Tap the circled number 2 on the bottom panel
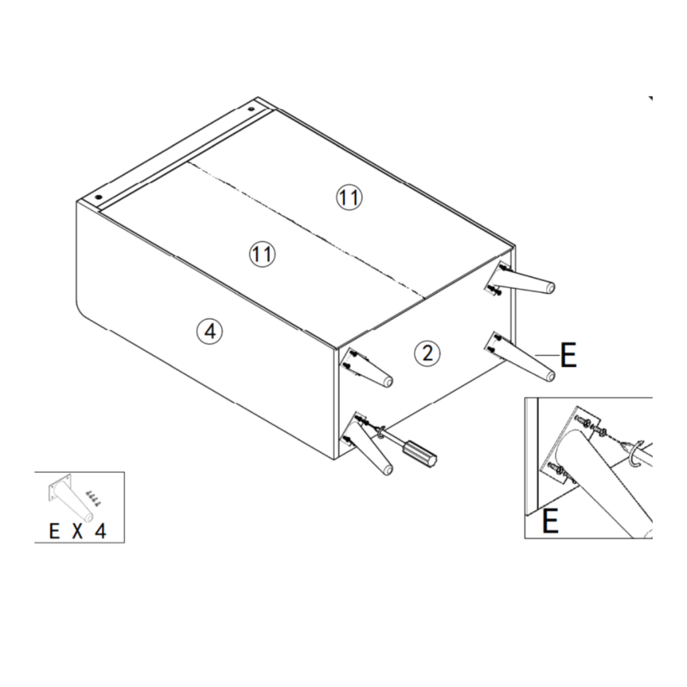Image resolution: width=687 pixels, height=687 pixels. click(x=427, y=352)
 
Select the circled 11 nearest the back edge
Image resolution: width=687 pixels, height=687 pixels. click(x=349, y=197)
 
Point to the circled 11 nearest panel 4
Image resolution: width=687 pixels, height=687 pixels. click(x=262, y=254)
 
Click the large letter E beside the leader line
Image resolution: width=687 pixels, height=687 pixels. click(x=568, y=356)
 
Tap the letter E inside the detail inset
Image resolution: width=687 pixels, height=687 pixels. click(x=550, y=521)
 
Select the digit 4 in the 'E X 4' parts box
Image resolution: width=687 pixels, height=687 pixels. click(x=100, y=532)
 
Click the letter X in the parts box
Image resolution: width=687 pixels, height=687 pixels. click(x=77, y=532)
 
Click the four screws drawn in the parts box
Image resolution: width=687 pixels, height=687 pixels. click(x=93, y=499)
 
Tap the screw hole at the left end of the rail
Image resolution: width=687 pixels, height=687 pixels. click(x=98, y=198)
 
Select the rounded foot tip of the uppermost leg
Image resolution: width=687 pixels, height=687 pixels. click(x=550, y=288)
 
